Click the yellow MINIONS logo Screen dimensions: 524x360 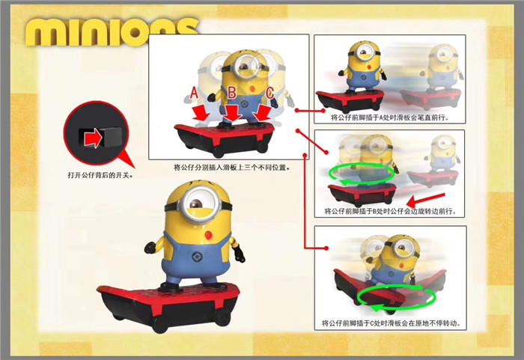[x=110, y=31]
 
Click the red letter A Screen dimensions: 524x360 [x=194, y=92]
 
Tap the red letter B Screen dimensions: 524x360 [x=232, y=93]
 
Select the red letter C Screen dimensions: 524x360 [x=270, y=94]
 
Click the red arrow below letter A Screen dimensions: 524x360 [x=201, y=113]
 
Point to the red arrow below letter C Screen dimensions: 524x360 [x=262, y=113]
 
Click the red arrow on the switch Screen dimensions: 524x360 [x=93, y=138]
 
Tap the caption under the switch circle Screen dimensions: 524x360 [x=100, y=175]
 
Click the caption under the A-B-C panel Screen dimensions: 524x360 [x=231, y=167]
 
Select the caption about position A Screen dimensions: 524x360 [x=390, y=118]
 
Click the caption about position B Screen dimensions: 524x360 [x=390, y=211]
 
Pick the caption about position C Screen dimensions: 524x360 [x=390, y=323]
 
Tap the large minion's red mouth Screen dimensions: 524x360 [x=209, y=235]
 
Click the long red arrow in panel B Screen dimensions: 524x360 [x=426, y=199]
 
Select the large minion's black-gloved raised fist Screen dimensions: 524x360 [x=151, y=247]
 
